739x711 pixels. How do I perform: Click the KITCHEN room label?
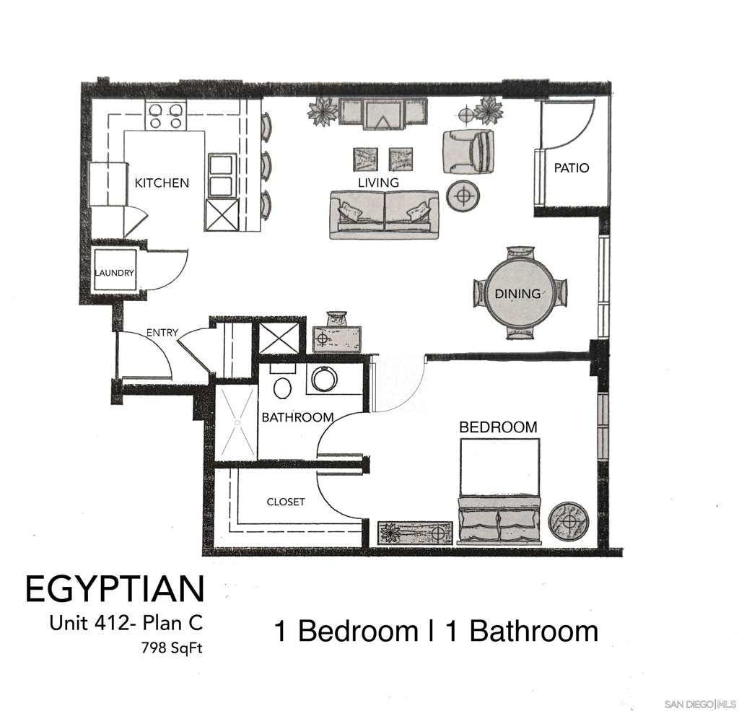pyautogui.click(x=162, y=183)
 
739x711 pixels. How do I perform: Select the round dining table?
pyautogui.click(x=520, y=294)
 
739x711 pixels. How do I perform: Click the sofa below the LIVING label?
pyautogui.click(x=384, y=215)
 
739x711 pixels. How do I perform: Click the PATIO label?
pyautogui.click(x=572, y=168)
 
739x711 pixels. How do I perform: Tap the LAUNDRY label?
pyautogui.click(x=115, y=273)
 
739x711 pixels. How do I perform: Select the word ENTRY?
pyautogui.click(x=162, y=332)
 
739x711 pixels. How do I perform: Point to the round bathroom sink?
pyautogui.click(x=324, y=379)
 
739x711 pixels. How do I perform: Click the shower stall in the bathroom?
pyautogui.click(x=237, y=422)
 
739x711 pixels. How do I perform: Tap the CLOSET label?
pyautogui.click(x=286, y=502)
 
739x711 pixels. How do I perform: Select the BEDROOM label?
pyautogui.click(x=498, y=427)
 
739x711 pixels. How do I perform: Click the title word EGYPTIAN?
pyautogui.click(x=115, y=588)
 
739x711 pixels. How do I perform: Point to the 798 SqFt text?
pyautogui.click(x=172, y=648)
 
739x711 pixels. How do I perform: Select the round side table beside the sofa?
pyautogui.click(x=463, y=195)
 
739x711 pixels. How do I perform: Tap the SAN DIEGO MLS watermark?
pyautogui.click(x=699, y=704)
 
